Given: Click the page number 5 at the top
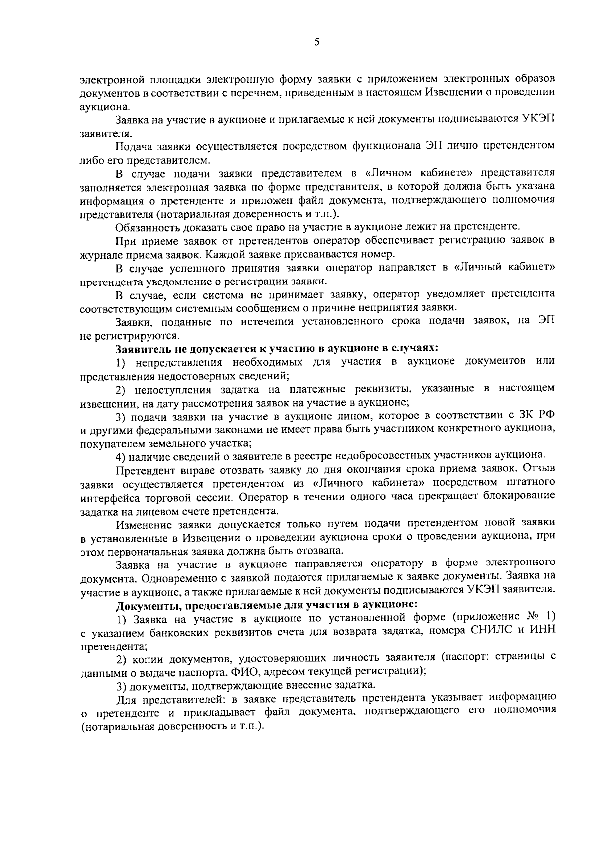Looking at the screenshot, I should (317, 42).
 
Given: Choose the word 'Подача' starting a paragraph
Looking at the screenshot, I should (133, 147).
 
